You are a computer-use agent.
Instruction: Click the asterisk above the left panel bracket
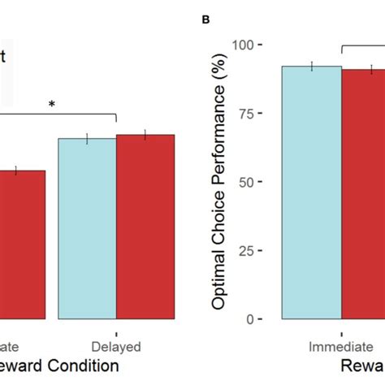(x=53, y=105)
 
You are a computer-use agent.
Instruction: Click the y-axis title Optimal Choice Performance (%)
(x=220, y=181)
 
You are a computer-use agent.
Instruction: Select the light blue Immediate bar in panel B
(x=312, y=195)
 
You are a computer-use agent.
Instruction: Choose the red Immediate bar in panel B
(x=363, y=195)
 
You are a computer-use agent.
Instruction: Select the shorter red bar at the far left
(x=22, y=244)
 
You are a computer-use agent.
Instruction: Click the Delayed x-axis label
(x=116, y=343)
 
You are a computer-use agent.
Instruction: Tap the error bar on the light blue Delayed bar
(x=87, y=138)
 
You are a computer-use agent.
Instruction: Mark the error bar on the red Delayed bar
(x=145, y=135)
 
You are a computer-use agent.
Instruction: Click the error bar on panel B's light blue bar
(x=312, y=67)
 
